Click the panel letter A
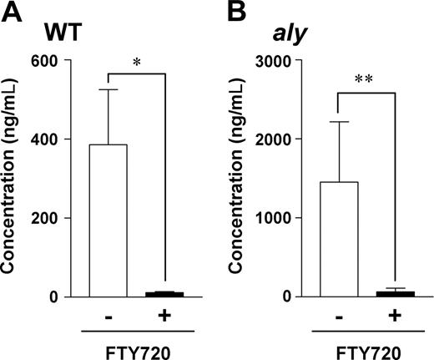13,12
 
